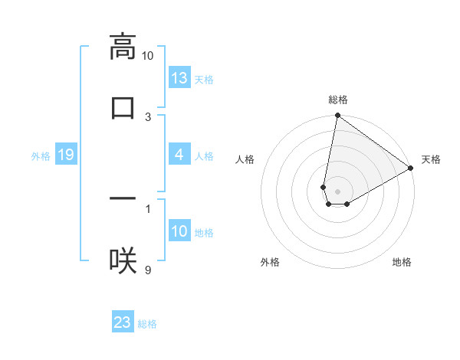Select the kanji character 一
pyautogui.click(x=123, y=199)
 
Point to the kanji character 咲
pyautogui.click(x=123, y=261)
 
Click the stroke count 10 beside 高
pyautogui.click(x=148, y=56)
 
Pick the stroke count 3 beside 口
pyautogui.click(x=148, y=117)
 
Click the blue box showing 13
pyautogui.click(x=179, y=78)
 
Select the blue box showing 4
pyautogui.click(x=179, y=155)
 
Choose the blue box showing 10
pyautogui.click(x=179, y=232)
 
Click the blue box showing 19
pyautogui.click(x=65, y=155)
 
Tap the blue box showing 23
pyautogui.click(x=123, y=322)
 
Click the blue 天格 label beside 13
pyautogui.click(x=204, y=79)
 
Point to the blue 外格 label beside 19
pyautogui.click(x=41, y=156)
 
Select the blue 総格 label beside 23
pyautogui.click(x=147, y=323)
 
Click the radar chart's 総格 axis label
pyautogui.click(x=338, y=100)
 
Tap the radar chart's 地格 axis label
pyautogui.click(x=402, y=262)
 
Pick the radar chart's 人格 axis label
pyautogui.click(x=245, y=159)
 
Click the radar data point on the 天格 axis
pyautogui.click(x=411, y=169)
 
